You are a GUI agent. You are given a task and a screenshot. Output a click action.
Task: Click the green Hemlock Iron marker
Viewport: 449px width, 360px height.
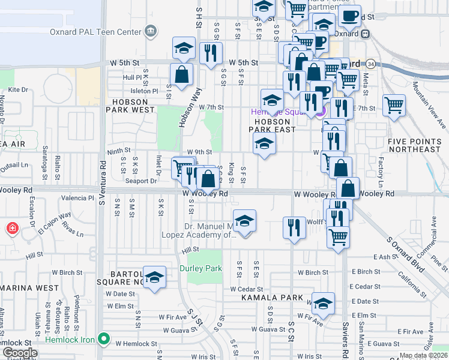(x=104, y=339)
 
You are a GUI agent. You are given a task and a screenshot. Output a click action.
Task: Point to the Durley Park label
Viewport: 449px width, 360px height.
(x=200, y=268)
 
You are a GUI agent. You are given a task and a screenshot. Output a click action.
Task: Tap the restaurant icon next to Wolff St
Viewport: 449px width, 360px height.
(x=294, y=228)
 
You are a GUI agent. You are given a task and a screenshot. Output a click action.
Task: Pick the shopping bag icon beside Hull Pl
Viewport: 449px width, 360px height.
(x=181, y=75)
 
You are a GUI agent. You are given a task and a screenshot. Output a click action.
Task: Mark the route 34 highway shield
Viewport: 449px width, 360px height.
(x=371, y=64)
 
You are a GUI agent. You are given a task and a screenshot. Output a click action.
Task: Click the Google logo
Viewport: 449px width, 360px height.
(x=20, y=352)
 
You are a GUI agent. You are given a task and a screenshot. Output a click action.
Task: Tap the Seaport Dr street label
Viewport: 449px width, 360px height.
(x=141, y=180)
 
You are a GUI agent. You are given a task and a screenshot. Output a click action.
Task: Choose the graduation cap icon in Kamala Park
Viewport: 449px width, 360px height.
(x=323, y=304)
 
